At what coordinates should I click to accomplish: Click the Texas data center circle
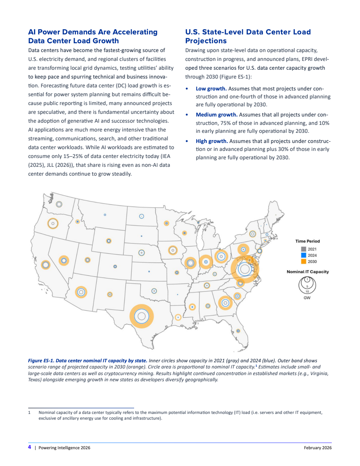coord(142,316)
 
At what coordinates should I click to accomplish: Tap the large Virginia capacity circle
coord(245,269)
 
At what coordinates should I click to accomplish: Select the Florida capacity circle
coord(238,331)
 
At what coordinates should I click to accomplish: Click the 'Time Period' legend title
coord(307,241)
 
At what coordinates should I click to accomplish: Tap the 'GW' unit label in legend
coord(307,298)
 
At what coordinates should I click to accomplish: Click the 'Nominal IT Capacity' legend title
coord(307,272)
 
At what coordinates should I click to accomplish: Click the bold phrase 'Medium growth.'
coord(216,115)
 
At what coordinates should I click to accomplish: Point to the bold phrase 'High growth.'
coord(212,141)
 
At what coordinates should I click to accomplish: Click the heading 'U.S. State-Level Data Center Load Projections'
coord(247,36)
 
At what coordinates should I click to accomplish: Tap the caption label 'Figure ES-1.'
coord(41,361)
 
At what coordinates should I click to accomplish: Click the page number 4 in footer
coord(30,447)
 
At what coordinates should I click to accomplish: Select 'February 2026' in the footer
coord(318,448)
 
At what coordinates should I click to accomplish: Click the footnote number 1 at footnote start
coord(29,413)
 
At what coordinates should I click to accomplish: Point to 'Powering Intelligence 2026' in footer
coord(64,448)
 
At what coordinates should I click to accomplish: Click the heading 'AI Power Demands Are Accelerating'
coord(92,32)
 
